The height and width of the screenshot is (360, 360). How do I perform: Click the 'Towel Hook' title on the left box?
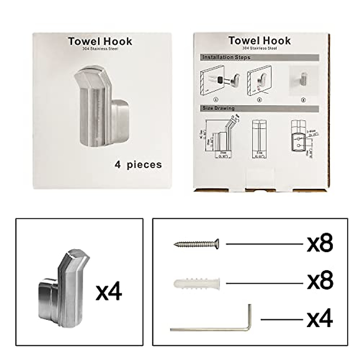pyautogui.click(x=100, y=41)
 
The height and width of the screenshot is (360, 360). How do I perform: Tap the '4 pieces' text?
pyautogui.click(x=138, y=164)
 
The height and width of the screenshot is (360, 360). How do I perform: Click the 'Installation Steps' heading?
pyautogui.click(x=226, y=57)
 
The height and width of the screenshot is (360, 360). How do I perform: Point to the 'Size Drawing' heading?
pyautogui.click(x=218, y=108)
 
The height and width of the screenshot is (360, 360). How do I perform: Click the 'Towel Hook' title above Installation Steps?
pyautogui.click(x=259, y=40)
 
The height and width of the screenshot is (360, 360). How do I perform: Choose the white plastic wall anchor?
pyautogui.click(x=197, y=283)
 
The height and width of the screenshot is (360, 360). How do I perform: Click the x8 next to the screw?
pyautogui.click(x=320, y=244)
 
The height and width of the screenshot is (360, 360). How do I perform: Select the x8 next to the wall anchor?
pyautogui.click(x=320, y=281)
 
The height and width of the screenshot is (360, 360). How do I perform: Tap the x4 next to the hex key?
pyautogui.click(x=320, y=319)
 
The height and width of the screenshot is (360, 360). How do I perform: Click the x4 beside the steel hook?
pyautogui.click(x=109, y=292)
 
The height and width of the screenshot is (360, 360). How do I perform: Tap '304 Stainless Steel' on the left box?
pyautogui.click(x=100, y=49)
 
